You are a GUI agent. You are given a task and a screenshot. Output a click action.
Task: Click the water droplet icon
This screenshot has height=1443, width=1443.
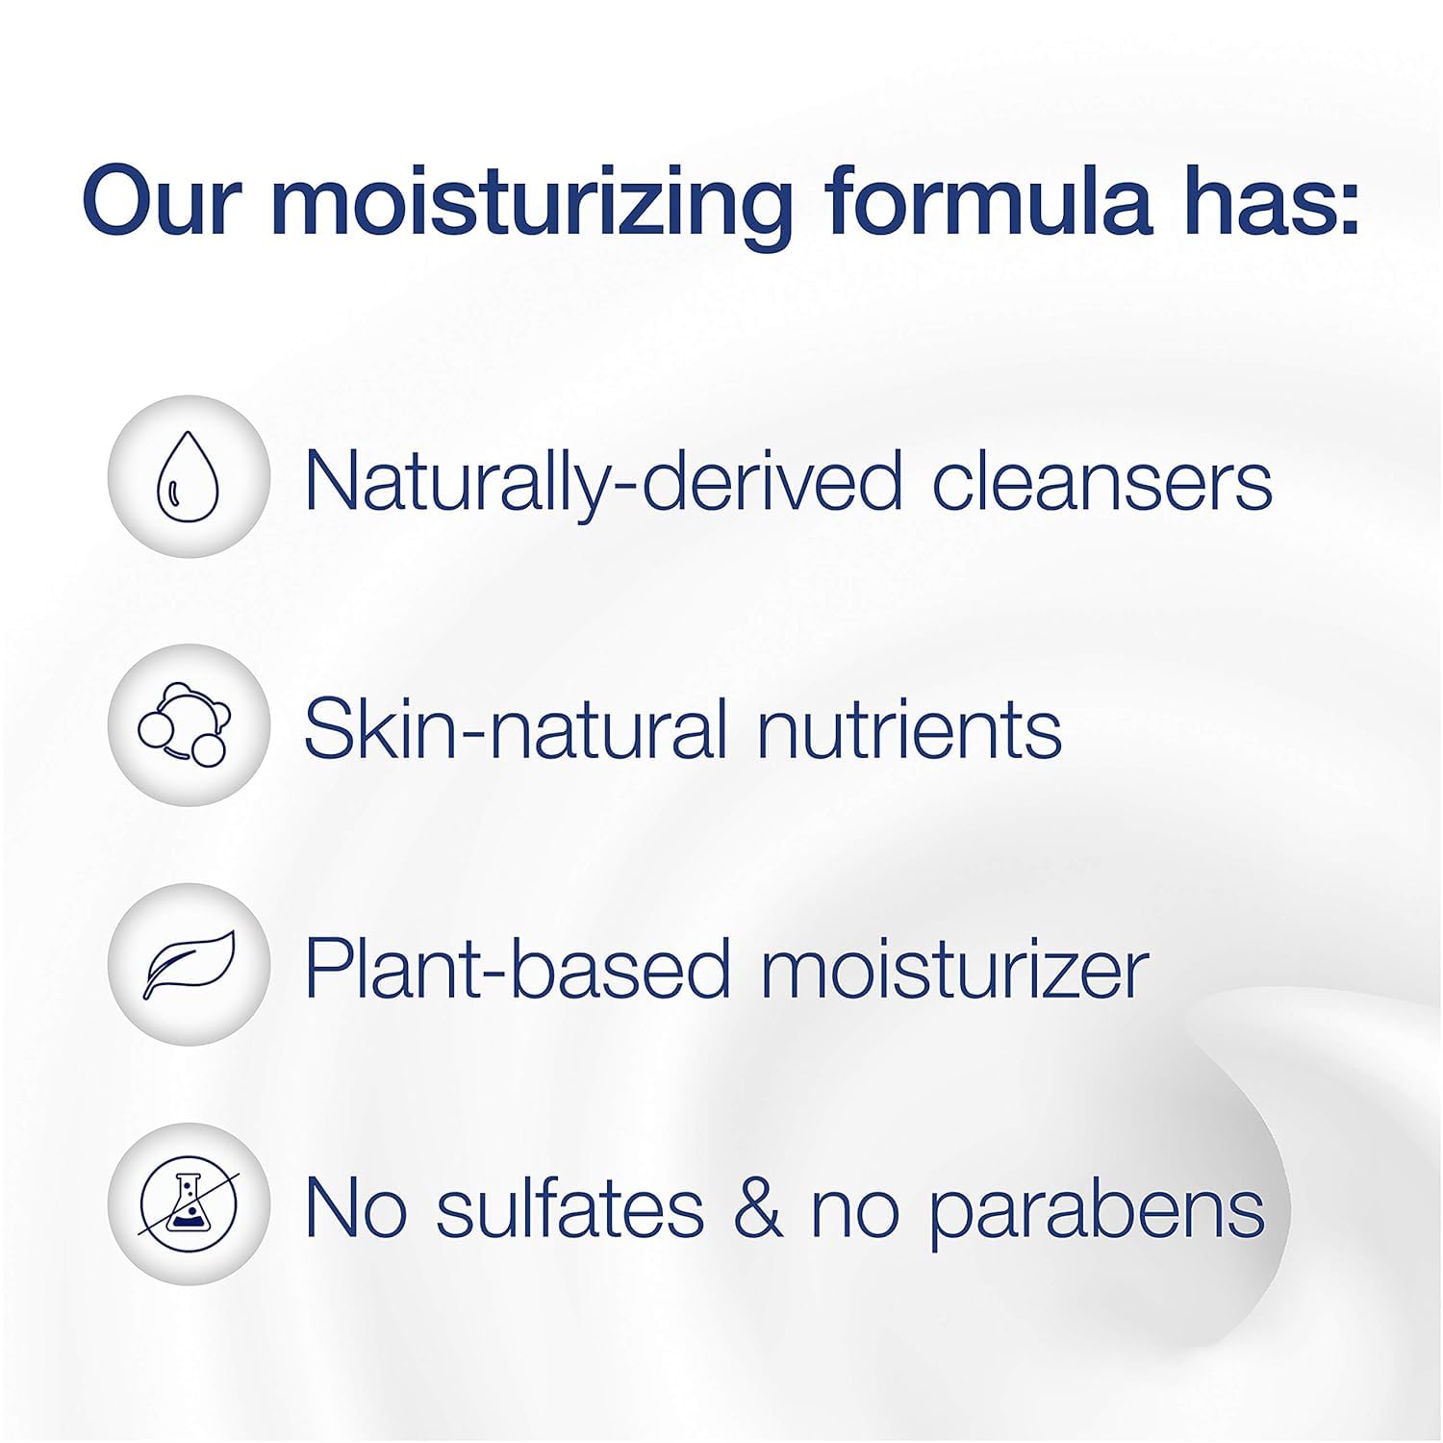[188, 477]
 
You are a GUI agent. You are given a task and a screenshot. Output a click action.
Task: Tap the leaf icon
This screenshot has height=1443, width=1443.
[190, 965]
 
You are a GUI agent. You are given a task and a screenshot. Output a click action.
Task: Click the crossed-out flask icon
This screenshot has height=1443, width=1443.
[189, 1203]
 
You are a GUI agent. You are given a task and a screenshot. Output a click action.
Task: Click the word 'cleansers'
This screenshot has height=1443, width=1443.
[1101, 481]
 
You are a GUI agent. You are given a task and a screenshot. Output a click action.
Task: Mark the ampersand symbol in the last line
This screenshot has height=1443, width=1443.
[758, 1208]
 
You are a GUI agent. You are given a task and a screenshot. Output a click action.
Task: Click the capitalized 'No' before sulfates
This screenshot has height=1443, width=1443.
[354, 1208]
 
